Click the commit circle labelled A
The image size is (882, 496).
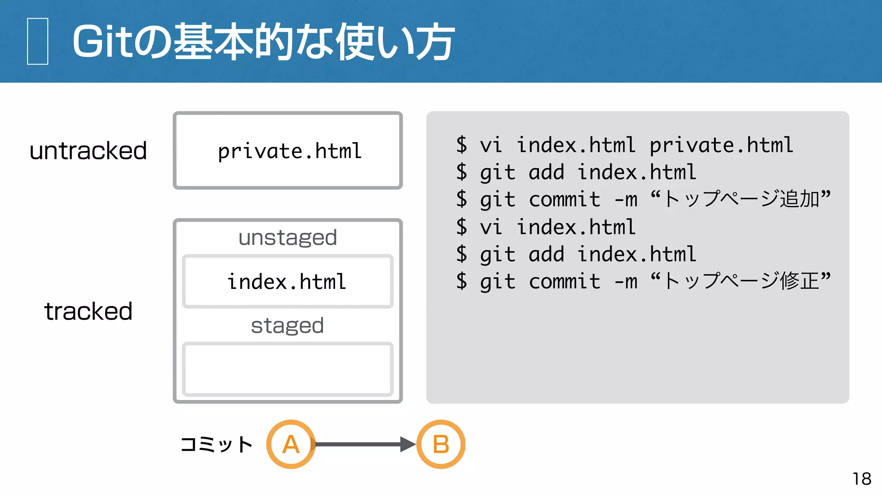click(x=291, y=444)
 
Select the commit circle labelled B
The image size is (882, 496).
click(x=441, y=444)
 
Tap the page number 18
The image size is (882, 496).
click(x=862, y=479)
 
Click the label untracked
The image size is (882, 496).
click(x=88, y=151)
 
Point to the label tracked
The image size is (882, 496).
click(x=88, y=311)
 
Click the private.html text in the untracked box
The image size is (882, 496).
click(x=289, y=151)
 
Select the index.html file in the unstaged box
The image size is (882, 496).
click(x=287, y=282)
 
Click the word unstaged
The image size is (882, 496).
click(x=288, y=238)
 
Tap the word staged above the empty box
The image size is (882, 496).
click(x=287, y=325)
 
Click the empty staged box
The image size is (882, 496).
click(x=288, y=369)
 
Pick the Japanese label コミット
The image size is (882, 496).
click(x=217, y=444)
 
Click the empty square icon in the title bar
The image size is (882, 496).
click(x=37, y=41)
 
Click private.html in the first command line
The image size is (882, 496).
click(x=721, y=145)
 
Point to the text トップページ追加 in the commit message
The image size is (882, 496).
click(x=741, y=199)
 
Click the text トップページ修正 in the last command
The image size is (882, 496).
click(x=741, y=281)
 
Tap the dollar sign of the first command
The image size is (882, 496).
click(x=462, y=145)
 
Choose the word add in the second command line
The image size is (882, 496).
click(x=546, y=172)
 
